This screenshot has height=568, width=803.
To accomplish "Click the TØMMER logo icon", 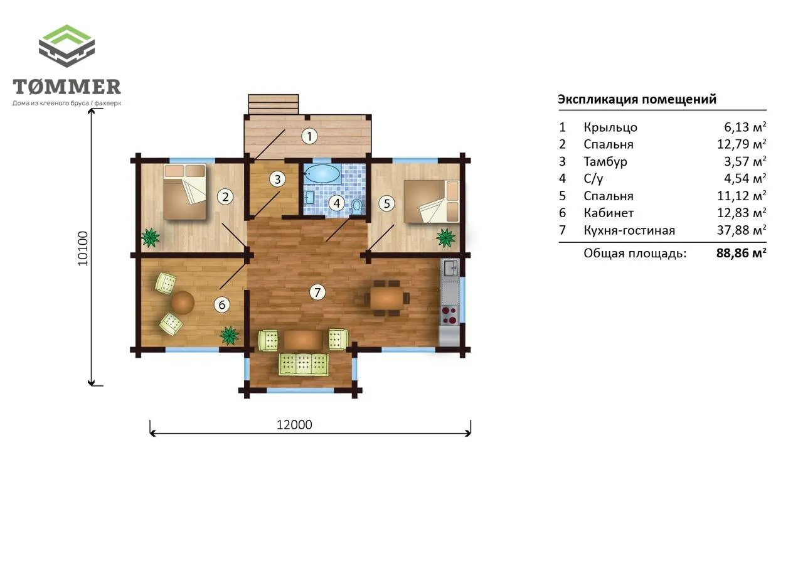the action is [66, 46].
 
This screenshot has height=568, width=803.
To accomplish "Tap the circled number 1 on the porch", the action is [309, 136].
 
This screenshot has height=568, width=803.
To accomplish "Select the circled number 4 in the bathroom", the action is [337, 203].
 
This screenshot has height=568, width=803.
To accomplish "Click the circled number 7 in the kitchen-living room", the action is [317, 292].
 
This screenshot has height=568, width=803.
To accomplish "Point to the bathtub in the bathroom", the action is [322, 174].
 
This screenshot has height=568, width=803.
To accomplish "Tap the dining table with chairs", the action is [387, 298].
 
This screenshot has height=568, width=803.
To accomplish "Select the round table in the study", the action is [183, 303].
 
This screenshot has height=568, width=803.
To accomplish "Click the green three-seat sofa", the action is [304, 364].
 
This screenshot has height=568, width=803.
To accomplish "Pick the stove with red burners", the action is [450, 315].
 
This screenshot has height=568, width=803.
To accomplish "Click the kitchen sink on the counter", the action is [450, 268].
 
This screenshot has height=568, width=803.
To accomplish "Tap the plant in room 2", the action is [151, 238].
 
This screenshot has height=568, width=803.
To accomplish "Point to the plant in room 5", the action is [445, 238].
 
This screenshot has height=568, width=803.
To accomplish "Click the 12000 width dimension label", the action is [294, 425].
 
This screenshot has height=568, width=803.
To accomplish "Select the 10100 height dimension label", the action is [83, 249].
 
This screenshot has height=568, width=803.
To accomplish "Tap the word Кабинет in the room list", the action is [609, 213].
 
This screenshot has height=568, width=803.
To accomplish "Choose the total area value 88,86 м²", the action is [742, 253].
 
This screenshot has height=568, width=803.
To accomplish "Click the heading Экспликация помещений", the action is [637, 99].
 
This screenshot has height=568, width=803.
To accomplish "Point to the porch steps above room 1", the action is [273, 104].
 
